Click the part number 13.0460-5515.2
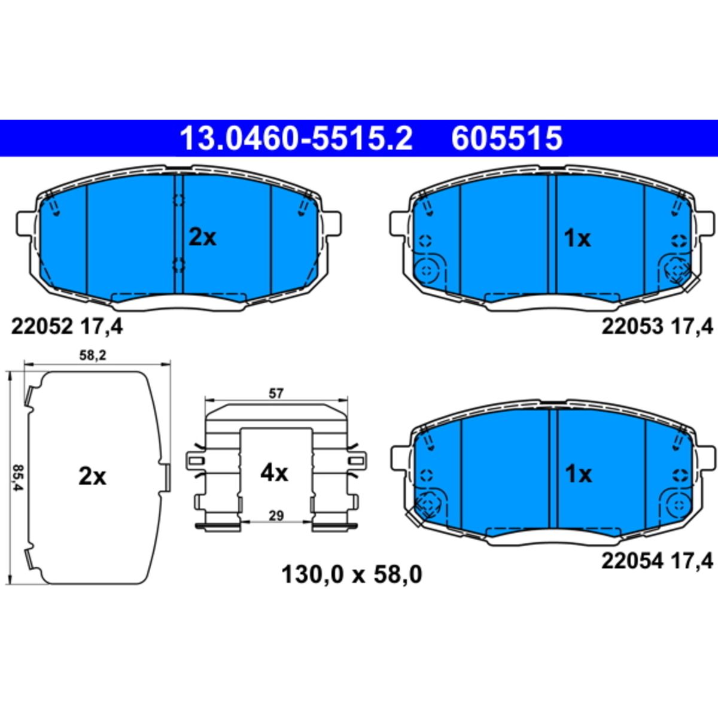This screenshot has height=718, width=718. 296,138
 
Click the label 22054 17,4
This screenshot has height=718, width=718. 658,571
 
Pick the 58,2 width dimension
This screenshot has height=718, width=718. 93,355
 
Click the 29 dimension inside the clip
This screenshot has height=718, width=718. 276,516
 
